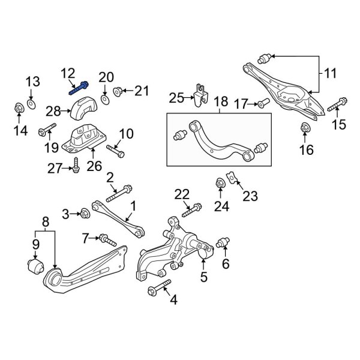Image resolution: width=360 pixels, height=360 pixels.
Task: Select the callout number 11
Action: tap(331, 74)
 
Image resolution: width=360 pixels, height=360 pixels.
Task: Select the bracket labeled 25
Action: tap(200, 93)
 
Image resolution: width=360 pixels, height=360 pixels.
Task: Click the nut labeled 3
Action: tap(85, 213)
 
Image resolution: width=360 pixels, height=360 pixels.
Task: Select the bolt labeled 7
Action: tap(108, 241)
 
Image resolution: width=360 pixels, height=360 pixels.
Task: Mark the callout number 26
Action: tap(94, 166)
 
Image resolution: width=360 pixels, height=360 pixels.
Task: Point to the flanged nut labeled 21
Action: tap(118, 92)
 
